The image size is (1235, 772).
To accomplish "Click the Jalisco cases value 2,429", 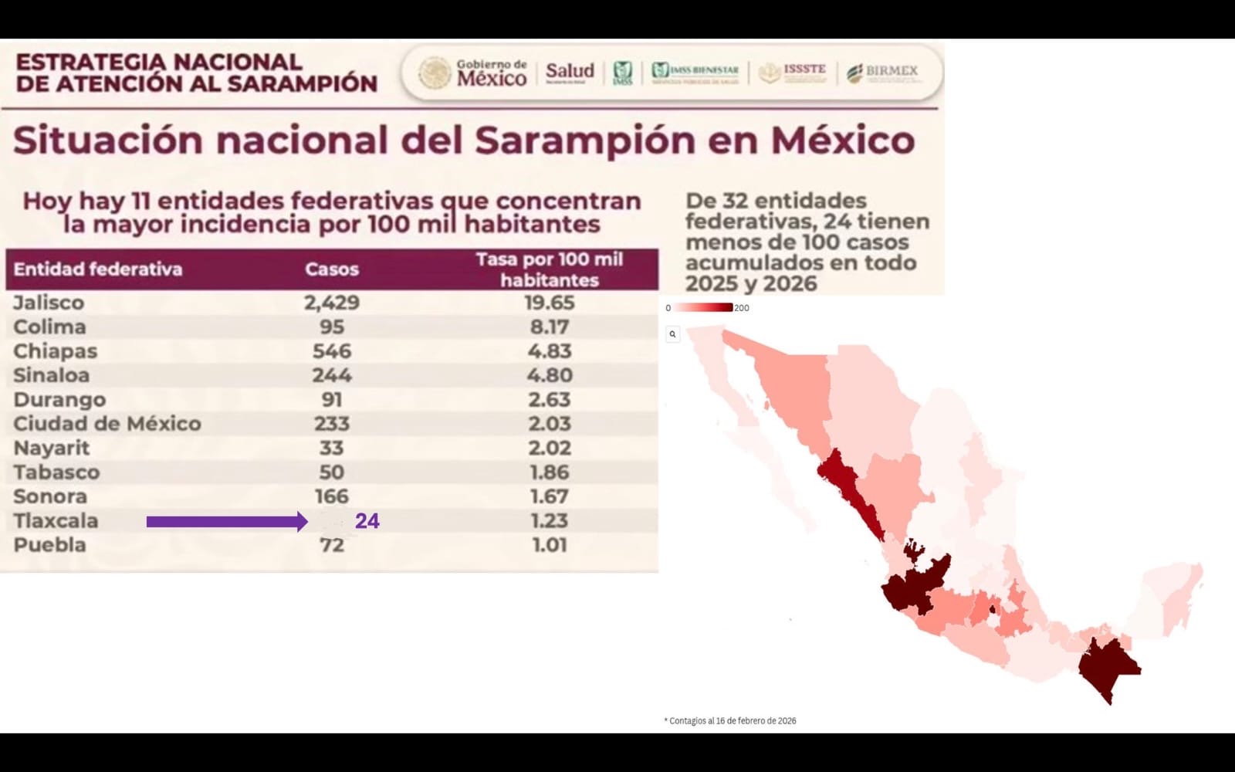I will [332, 303].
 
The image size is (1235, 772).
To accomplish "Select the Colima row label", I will [49, 327].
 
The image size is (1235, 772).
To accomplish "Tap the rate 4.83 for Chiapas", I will [549, 351].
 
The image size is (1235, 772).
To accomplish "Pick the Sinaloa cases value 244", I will [332, 375].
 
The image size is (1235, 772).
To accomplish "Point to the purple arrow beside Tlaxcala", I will [226, 522].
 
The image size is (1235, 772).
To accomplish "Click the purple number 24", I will [367, 521].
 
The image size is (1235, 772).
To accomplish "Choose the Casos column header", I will [332, 269].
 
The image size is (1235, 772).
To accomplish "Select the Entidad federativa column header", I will [98, 269].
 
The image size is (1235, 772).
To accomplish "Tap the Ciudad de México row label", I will [107, 424].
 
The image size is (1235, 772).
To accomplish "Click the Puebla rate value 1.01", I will [549, 545].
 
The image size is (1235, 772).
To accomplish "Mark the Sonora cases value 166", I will [332, 496].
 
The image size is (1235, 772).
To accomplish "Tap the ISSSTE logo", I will [793, 72].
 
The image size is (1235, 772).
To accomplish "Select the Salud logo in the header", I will [570, 72].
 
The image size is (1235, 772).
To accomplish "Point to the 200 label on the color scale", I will [741, 308].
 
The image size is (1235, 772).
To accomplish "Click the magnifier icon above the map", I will [672, 334].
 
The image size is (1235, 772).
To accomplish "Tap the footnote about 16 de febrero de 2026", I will [730, 721].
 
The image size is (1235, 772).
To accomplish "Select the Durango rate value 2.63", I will [549, 400].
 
